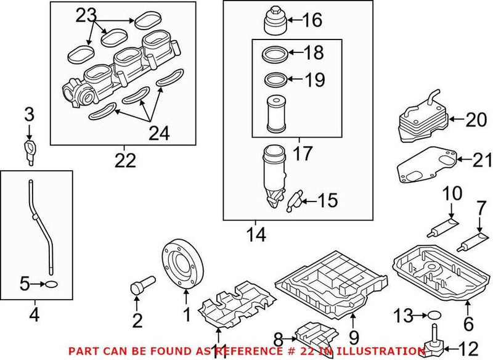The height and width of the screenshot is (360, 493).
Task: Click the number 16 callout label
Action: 312,21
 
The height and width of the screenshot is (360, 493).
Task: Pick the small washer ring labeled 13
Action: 434,316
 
